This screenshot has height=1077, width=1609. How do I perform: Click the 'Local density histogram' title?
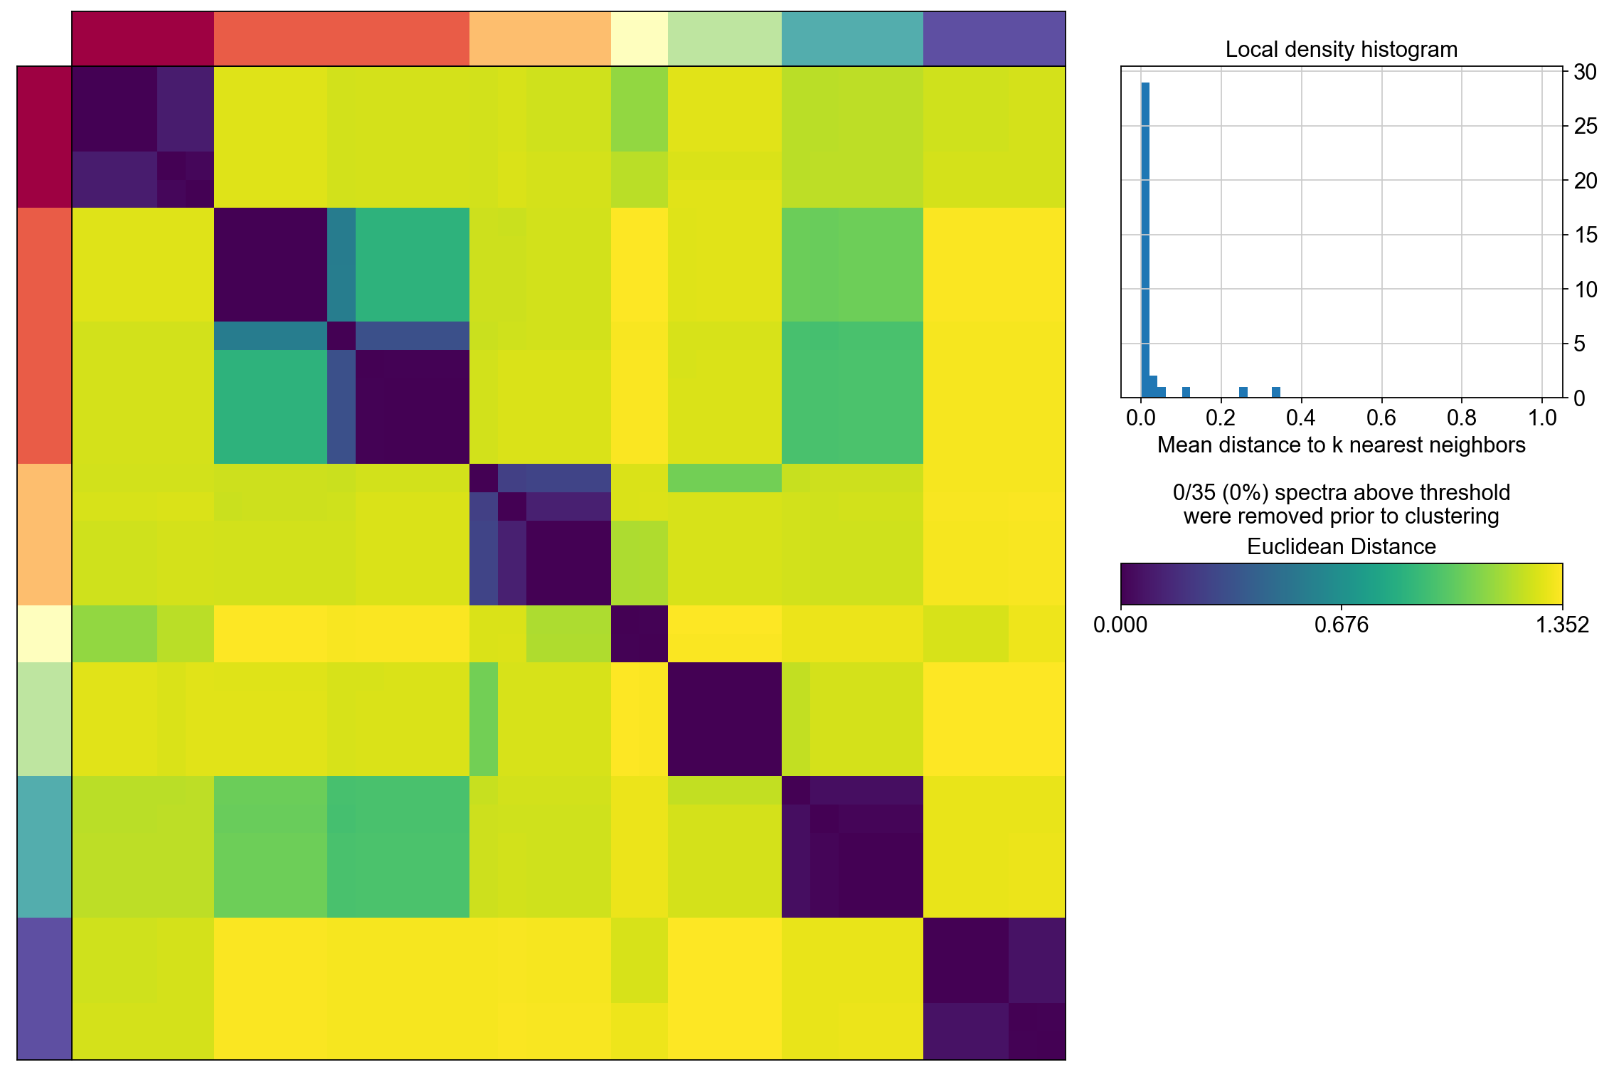click(1341, 50)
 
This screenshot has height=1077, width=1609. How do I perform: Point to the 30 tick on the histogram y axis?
click(1586, 72)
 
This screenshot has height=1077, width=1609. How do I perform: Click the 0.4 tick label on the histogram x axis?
click(1301, 418)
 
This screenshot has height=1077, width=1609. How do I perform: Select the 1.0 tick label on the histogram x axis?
click(1541, 418)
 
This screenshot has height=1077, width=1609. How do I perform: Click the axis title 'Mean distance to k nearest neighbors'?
click(1341, 445)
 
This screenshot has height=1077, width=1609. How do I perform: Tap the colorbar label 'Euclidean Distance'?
click(1341, 546)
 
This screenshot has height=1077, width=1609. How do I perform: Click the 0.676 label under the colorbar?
click(1341, 625)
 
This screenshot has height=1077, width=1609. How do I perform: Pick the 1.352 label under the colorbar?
click(1562, 625)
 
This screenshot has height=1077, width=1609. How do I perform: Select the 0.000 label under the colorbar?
click(1120, 625)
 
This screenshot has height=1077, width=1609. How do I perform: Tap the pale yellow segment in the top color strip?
click(639, 38)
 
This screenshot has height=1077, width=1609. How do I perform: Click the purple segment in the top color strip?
click(994, 38)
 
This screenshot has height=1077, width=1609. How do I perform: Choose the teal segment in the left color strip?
click(44, 847)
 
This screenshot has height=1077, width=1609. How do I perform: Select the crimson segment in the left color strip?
click(44, 137)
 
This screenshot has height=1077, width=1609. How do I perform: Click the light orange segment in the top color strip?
click(540, 38)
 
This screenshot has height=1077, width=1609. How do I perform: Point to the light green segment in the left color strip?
click(44, 718)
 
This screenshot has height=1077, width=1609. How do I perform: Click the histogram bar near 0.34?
click(1276, 392)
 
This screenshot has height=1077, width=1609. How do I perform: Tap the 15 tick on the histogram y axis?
click(1586, 235)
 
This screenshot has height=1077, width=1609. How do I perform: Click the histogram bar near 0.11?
click(1186, 392)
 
